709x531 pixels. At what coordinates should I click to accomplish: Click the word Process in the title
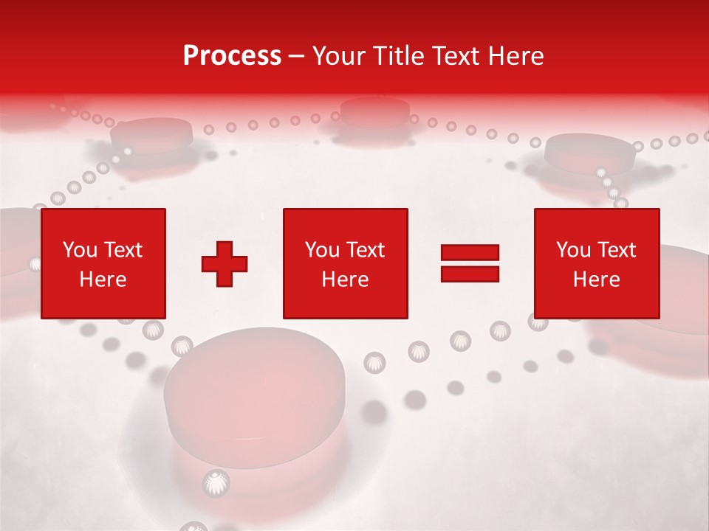(x=232, y=56)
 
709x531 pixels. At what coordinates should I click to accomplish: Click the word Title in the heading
(x=397, y=56)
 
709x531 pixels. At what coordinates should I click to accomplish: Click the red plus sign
(x=225, y=263)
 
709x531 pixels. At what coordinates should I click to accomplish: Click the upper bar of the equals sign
(x=470, y=253)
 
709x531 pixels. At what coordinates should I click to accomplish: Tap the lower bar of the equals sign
(x=470, y=274)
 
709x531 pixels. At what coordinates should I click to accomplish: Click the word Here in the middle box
(x=345, y=280)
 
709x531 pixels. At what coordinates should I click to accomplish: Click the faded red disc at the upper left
(x=151, y=135)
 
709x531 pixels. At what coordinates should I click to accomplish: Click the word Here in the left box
(x=103, y=280)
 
